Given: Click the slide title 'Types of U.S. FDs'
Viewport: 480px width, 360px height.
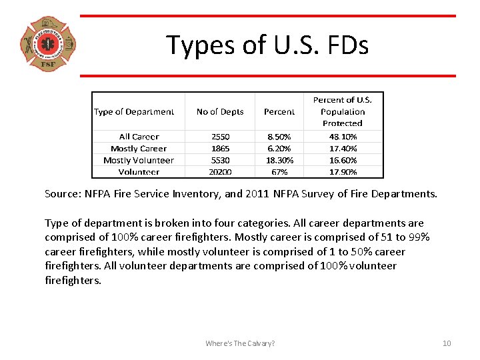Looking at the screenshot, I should (x=267, y=45).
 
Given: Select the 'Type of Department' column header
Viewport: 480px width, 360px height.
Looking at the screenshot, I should (x=134, y=112).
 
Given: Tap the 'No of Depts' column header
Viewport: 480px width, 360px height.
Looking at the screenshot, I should (x=220, y=112).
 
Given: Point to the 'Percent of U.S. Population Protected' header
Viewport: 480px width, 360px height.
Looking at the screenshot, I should (x=343, y=111).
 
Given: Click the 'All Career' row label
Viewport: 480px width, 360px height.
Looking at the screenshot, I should (x=139, y=137).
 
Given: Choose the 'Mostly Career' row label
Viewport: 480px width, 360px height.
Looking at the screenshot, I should (x=139, y=149).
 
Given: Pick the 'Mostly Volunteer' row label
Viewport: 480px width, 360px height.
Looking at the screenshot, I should (x=139, y=160).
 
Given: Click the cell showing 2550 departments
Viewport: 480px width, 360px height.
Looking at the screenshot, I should (x=220, y=137).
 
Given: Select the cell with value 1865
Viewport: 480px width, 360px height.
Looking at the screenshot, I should (x=220, y=149).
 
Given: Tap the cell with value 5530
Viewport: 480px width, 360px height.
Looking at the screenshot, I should (x=220, y=160).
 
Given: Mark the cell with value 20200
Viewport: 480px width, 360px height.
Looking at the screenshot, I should (x=220, y=172).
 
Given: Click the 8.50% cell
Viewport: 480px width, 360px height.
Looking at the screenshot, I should (x=279, y=137).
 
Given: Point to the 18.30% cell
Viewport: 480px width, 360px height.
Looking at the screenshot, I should (x=279, y=160).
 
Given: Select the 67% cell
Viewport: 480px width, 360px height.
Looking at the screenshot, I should (x=279, y=172).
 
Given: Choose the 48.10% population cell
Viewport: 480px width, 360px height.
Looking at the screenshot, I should (x=343, y=137).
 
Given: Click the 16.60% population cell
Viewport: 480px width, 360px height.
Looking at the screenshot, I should (x=343, y=160).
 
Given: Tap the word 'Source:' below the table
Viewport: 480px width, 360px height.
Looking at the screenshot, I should (x=61, y=195).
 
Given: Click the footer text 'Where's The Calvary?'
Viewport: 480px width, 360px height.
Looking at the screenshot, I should (x=240, y=343).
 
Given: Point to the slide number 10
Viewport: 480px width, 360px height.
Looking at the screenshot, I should (x=447, y=343).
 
